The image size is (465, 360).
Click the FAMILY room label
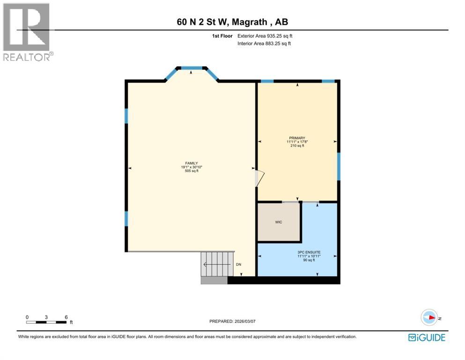192,163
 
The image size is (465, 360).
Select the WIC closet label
279,222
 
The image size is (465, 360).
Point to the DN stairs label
238,265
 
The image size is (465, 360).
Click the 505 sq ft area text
192,171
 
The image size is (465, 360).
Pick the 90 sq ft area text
309,260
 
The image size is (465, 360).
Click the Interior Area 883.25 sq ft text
263,44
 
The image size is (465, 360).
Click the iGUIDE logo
426,337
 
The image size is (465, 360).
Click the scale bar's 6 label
66,317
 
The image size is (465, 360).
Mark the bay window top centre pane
192,67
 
